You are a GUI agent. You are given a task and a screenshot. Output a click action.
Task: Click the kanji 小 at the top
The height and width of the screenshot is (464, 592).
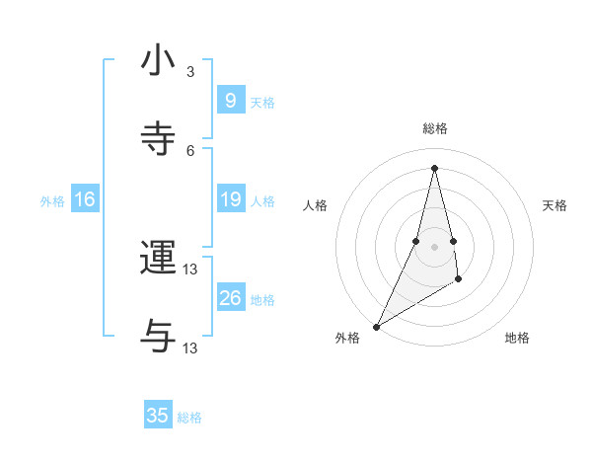(x=158, y=60)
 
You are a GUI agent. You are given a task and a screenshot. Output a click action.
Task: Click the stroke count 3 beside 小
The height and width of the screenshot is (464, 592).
(x=190, y=72)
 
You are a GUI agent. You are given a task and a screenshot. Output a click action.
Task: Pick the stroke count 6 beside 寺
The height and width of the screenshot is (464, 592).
(x=190, y=150)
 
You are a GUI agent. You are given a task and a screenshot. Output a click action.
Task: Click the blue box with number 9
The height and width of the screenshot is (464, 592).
(x=230, y=101)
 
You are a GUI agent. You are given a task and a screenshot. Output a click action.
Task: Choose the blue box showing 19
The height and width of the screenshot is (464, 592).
(x=230, y=200)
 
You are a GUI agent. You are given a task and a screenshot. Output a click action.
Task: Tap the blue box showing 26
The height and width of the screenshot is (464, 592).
(x=230, y=298)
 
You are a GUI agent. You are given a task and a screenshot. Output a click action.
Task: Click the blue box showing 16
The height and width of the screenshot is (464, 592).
(x=84, y=200)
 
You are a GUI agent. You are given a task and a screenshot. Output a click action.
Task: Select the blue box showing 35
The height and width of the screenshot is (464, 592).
(x=158, y=416)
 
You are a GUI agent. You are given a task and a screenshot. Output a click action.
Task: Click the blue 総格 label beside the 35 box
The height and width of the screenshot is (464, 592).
(x=189, y=418)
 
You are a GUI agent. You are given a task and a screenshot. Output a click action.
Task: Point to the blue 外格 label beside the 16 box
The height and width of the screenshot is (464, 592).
(x=52, y=201)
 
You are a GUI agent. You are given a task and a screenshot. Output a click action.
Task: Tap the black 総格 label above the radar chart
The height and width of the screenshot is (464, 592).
(x=434, y=128)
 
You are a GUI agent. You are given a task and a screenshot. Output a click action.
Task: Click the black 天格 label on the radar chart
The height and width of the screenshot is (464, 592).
(x=555, y=205)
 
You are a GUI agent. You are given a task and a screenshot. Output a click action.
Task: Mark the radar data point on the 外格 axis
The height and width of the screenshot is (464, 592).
(x=376, y=326)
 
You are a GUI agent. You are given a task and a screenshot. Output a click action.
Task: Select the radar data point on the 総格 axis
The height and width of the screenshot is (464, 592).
(x=434, y=168)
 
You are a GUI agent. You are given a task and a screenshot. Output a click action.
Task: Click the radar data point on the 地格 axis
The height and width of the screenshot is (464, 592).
(x=460, y=281)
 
